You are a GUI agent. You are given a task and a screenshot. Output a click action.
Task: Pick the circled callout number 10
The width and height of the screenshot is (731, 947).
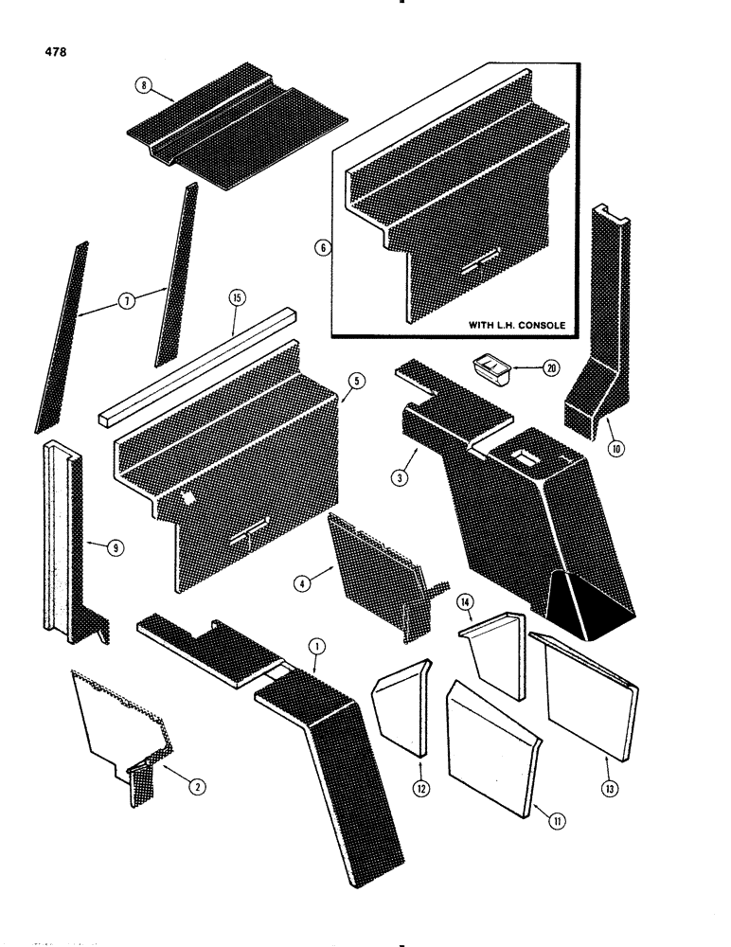pyautogui.click(x=616, y=449)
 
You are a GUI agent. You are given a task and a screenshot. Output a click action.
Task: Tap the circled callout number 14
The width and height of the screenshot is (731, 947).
pyautogui.click(x=465, y=602)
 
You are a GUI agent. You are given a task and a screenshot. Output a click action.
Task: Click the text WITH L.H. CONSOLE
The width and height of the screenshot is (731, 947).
pyautogui.click(x=517, y=325)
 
